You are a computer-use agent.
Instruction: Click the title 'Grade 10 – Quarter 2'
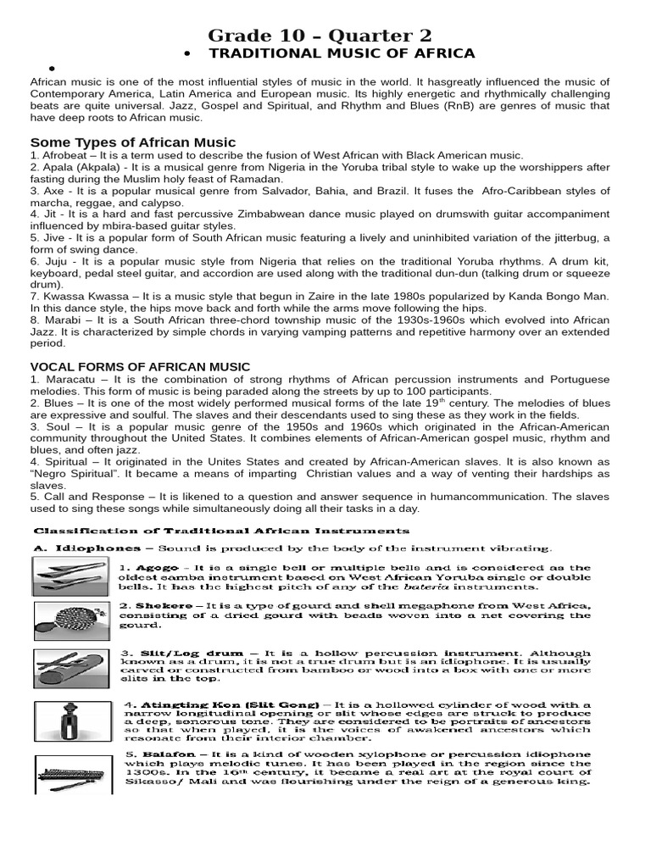click(320, 35)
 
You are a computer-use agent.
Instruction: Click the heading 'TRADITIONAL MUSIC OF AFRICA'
click(342, 53)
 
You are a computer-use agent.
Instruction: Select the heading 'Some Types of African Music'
click(133, 142)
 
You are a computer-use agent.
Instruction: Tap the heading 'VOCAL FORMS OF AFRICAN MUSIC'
click(140, 366)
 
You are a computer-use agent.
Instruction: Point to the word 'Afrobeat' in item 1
click(64, 156)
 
